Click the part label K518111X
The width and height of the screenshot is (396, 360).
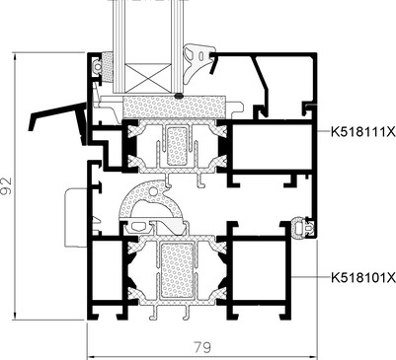[x=363, y=132]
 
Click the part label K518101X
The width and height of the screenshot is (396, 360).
[x=363, y=278]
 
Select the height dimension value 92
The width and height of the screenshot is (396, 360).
[x=6, y=185]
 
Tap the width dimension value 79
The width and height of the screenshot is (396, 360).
[x=202, y=347]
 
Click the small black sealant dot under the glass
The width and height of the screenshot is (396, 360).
[x=179, y=96]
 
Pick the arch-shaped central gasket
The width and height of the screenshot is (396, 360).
[x=151, y=202]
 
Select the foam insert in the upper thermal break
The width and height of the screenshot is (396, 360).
[x=177, y=146]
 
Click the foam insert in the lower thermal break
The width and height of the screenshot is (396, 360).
[x=176, y=270]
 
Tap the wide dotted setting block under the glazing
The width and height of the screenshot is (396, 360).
[x=175, y=107]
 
